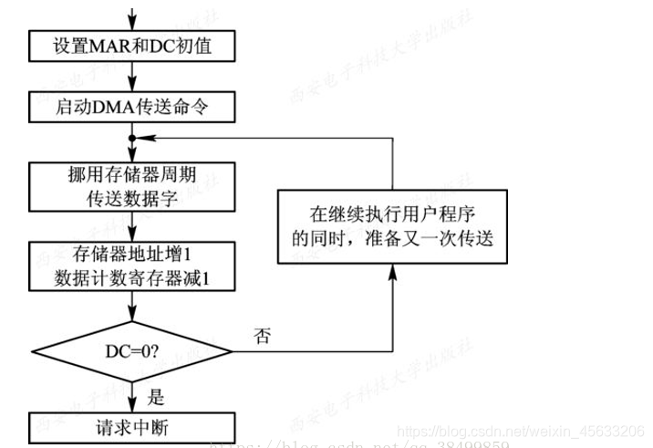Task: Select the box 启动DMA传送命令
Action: tap(133, 108)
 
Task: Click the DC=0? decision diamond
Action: tap(133, 349)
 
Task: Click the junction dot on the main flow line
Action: tap(133, 139)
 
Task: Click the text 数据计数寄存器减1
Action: tap(133, 277)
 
